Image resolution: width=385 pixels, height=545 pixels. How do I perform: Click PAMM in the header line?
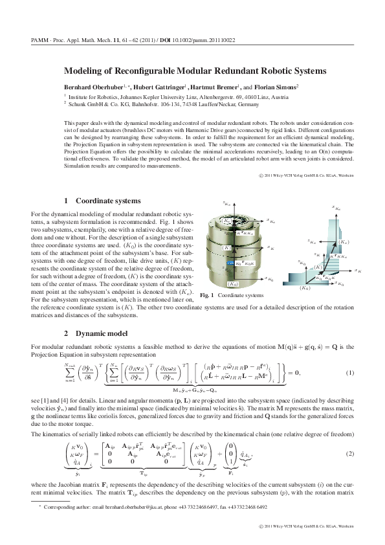pos(40,39)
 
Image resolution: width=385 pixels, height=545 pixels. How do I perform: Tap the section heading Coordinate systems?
pos(107,201)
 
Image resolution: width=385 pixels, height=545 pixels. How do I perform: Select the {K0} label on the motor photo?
pos(232,284)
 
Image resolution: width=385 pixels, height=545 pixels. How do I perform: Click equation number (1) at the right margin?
pos(350,373)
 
